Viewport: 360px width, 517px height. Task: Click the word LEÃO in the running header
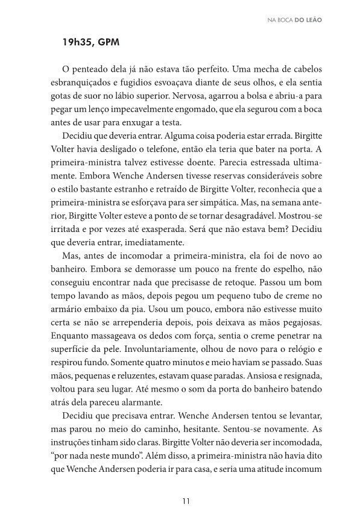tap(312, 19)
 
